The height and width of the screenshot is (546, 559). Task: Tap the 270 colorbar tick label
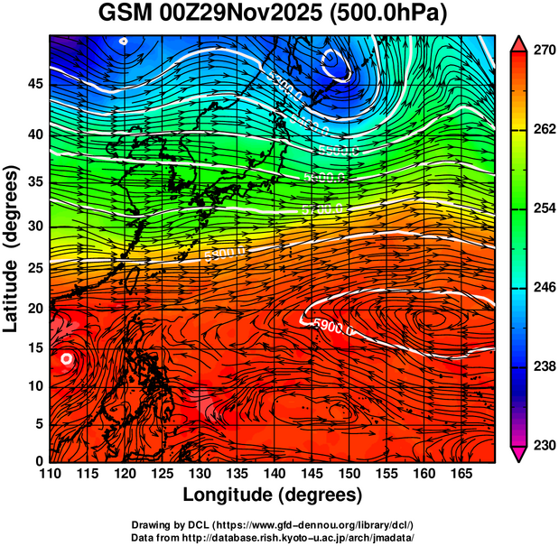tap(542, 51)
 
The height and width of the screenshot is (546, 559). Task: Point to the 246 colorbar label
tap(542, 287)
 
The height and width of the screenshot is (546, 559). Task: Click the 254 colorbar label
tap(542, 208)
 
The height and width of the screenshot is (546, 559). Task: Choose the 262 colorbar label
tap(542, 129)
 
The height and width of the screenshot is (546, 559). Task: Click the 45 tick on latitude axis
tap(34, 84)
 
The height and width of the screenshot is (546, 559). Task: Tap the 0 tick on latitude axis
tap(39, 461)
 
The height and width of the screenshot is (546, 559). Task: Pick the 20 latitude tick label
tap(34, 309)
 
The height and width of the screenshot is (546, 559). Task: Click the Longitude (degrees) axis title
tap(273, 495)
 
